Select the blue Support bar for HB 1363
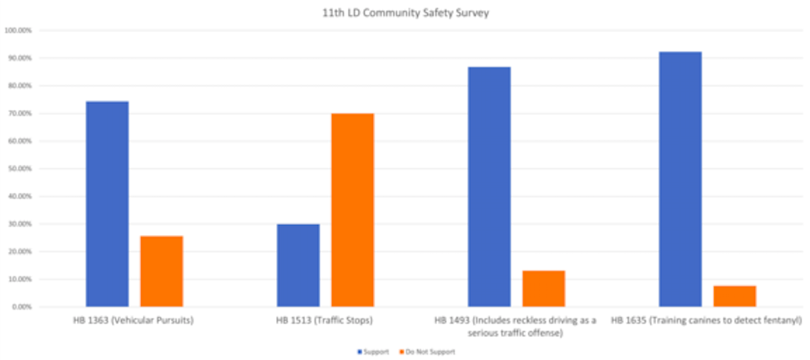coord(107,204)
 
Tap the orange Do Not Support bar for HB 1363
coord(161,271)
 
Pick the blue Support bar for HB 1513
coord(298,265)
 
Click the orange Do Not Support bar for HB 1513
coord(352,210)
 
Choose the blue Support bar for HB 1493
coord(489,186)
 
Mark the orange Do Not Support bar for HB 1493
coord(543,288)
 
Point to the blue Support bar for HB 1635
coord(680,178)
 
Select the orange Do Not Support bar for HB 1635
coord(734,296)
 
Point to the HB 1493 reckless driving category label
coord(515,326)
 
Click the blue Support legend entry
coord(374,352)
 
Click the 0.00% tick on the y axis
coord(21,307)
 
